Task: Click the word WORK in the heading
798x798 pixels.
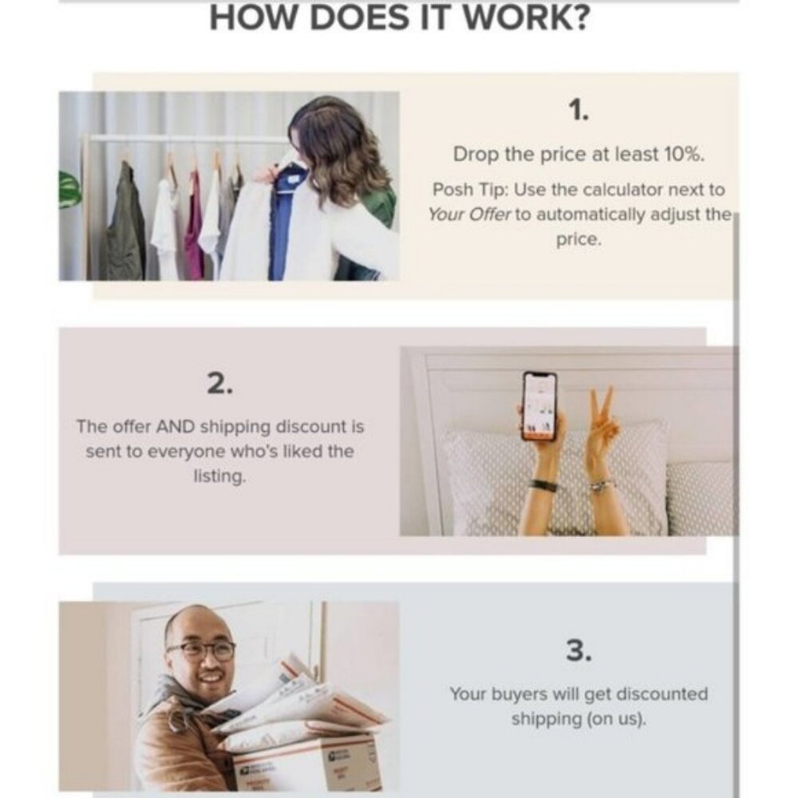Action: [527, 17]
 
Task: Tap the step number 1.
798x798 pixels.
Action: [578, 110]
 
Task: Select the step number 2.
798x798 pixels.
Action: [220, 383]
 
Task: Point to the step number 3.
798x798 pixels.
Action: [579, 650]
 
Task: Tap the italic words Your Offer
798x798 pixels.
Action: [468, 215]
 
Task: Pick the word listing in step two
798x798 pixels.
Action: [219, 477]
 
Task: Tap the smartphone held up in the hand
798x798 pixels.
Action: [539, 405]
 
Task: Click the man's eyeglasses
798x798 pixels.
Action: [202, 650]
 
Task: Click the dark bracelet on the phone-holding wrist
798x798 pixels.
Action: [542, 484]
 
